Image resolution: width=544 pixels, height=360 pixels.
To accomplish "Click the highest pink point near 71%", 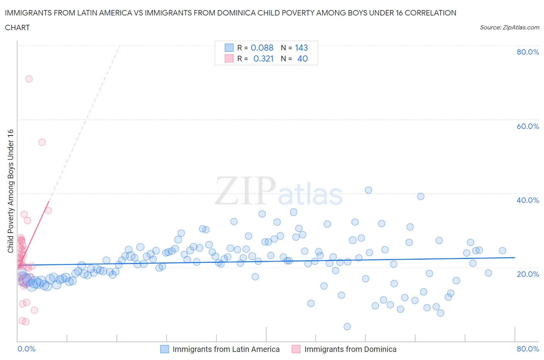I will coord(29,79).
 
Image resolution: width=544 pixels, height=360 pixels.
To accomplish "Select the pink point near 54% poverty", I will coord(42,142).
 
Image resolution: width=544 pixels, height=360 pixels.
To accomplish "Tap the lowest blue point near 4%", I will coord(347,327).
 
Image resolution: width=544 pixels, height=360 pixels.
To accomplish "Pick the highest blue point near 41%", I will coord(368,190).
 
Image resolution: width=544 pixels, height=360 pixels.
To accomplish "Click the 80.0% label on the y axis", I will coord(528,52).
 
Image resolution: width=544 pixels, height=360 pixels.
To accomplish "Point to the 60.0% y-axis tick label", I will coord(528,126).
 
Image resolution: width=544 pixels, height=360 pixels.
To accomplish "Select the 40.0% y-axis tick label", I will coord(528,200).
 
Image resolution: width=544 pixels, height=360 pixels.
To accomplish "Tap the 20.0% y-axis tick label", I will coord(528,274).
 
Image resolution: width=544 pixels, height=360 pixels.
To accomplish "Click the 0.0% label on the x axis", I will coord(26,349).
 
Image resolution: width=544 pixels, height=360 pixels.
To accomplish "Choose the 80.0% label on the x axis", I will coord(528,349).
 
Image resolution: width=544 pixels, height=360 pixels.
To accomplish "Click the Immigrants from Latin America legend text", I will coord(226,349).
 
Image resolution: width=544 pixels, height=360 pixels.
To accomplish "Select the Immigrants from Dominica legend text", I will coord(350,349).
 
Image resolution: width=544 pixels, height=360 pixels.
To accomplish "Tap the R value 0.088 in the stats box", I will coord(262,48).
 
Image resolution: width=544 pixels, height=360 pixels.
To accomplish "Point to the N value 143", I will coord(301,48).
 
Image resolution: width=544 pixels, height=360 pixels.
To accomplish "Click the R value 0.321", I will coord(263,58).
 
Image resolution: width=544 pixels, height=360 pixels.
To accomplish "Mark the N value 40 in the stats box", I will coord(303,58).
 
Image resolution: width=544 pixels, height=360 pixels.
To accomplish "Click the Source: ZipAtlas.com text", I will coord(509,27).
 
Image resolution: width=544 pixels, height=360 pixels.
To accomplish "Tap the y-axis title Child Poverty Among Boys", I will coord(11,191).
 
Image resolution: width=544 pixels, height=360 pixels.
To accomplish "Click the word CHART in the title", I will coord(17,27).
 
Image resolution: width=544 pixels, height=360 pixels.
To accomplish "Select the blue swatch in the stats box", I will coord(229,48).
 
